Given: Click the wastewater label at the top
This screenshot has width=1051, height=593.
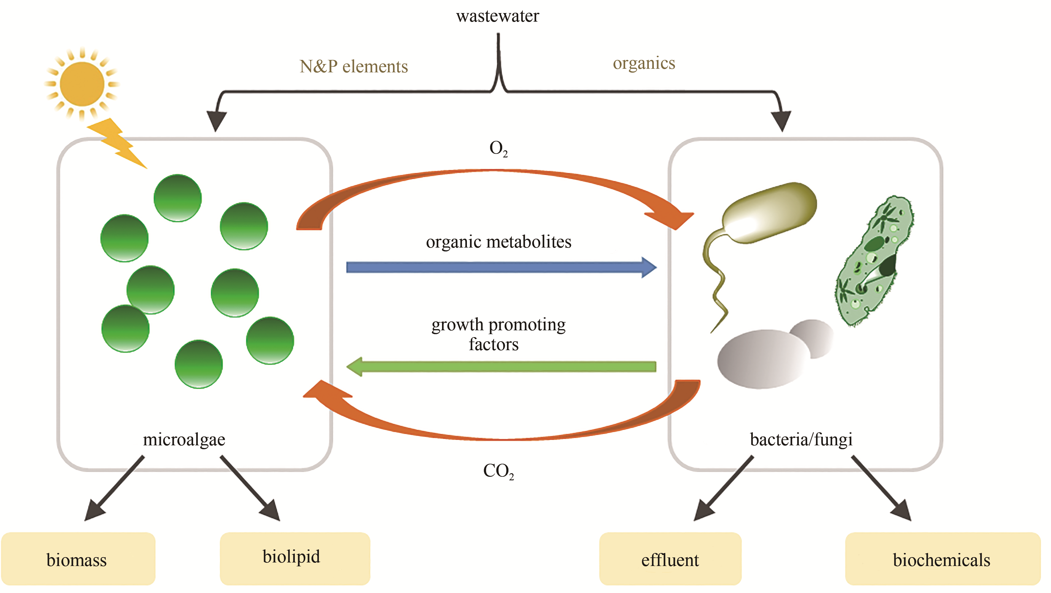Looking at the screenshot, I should [x=497, y=16].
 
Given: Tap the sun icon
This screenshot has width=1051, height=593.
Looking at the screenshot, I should [x=82, y=84].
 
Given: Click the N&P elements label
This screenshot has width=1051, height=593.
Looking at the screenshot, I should [x=353, y=66].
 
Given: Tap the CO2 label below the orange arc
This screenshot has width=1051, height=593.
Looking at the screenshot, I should [x=498, y=471].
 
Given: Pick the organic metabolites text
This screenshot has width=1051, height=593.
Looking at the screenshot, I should [x=499, y=242].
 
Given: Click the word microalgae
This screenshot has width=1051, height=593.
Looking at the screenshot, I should [x=184, y=440].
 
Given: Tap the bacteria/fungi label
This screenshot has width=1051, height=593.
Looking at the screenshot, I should [x=801, y=440].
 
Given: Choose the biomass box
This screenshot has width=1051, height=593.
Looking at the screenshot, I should [x=77, y=559].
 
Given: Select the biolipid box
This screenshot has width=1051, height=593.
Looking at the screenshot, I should [x=295, y=558].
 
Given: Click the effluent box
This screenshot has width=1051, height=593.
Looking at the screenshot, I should [x=670, y=559].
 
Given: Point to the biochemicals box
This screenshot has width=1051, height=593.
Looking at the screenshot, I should [x=942, y=559].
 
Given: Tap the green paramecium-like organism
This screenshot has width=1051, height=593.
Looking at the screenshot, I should [x=873, y=261].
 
